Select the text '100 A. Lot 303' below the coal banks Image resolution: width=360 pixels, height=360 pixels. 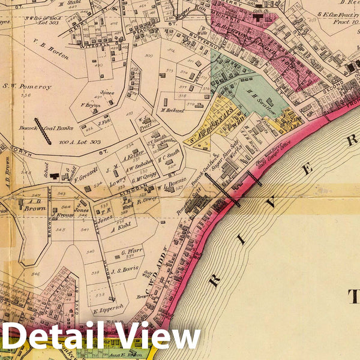(x=80, y=142)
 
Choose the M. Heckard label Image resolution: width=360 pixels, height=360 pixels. (x=172, y=110)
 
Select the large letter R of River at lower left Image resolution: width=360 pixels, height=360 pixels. (x=214, y=280)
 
